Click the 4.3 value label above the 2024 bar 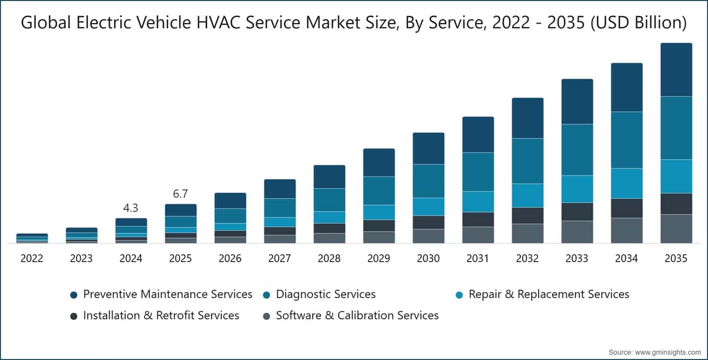(x=130, y=208)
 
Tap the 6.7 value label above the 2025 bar (x=180, y=194)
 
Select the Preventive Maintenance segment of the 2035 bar (x=676, y=70)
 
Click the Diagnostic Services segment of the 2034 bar (x=627, y=140)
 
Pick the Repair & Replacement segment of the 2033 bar (x=577, y=189)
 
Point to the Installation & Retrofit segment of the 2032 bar (x=527, y=215)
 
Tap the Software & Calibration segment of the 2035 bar (x=676, y=229)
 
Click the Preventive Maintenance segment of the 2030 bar (x=428, y=148)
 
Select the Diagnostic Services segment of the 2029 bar (x=379, y=191)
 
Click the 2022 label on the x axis (x=32, y=258)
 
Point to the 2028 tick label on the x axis (x=329, y=258)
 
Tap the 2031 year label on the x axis (x=477, y=258)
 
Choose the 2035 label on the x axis (x=676, y=258)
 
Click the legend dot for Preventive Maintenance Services (x=74, y=295)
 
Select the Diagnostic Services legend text (x=326, y=294)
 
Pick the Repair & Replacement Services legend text (x=549, y=294)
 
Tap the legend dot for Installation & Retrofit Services (x=74, y=316)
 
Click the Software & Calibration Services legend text (x=357, y=315)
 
